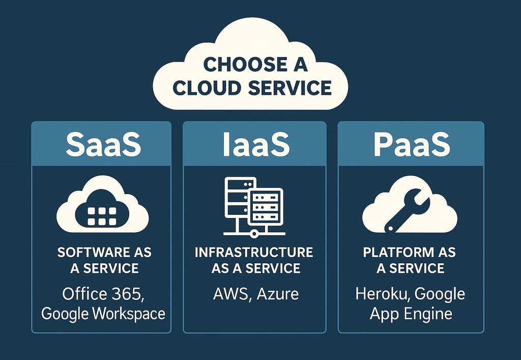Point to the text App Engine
point(411,313)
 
